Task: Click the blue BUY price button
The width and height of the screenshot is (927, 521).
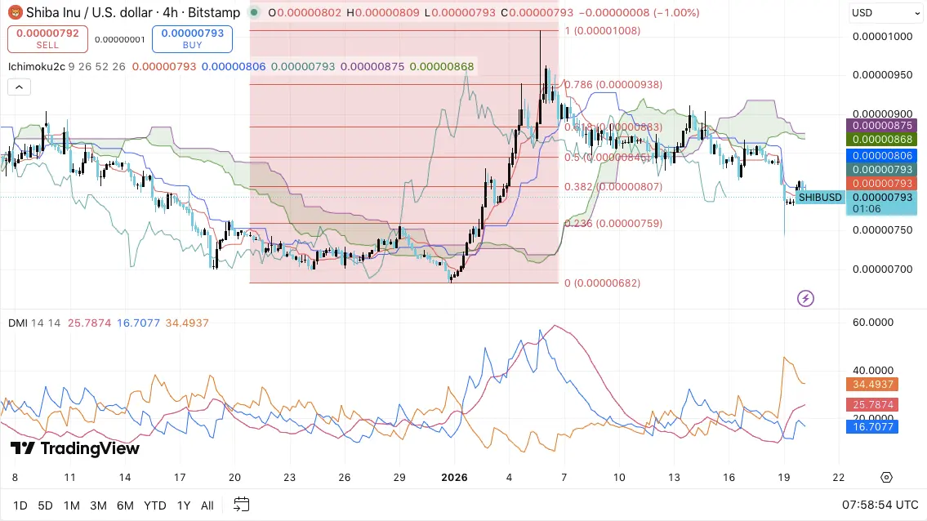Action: pos(192,39)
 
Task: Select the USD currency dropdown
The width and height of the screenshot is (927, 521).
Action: pos(885,12)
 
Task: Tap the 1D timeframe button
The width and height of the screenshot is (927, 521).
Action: pos(20,505)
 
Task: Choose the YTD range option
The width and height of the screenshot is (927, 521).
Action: pos(155,505)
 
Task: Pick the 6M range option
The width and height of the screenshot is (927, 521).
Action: pos(125,505)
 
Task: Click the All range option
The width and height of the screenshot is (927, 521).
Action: pos(207,505)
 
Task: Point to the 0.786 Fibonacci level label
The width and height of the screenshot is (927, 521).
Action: pos(602,84)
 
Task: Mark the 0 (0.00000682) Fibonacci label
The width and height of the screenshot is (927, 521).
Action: pos(603,283)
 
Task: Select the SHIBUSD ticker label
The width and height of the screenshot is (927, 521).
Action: pos(820,197)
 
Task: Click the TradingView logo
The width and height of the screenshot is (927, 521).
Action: pos(75,448)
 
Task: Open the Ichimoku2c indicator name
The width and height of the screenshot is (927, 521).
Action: pos(37,66)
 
